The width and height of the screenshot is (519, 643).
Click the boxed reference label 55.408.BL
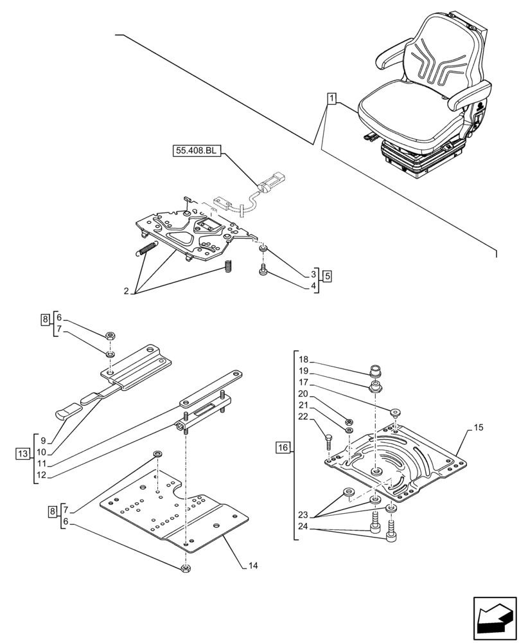(x=197, y=151)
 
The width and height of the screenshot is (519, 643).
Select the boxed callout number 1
(x=331, y=98)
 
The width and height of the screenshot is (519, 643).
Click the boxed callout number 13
(x=22, y=455)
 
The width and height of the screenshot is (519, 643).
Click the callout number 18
(x=304, y=359)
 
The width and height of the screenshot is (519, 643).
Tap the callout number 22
(x=304, y=417)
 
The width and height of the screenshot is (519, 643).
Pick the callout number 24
(x=304, y=527)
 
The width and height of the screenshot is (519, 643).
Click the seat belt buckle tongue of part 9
(x=67, y=410)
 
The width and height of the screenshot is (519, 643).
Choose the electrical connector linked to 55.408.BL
(x=270, y=179)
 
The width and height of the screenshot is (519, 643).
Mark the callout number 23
(x=304, y=514)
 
